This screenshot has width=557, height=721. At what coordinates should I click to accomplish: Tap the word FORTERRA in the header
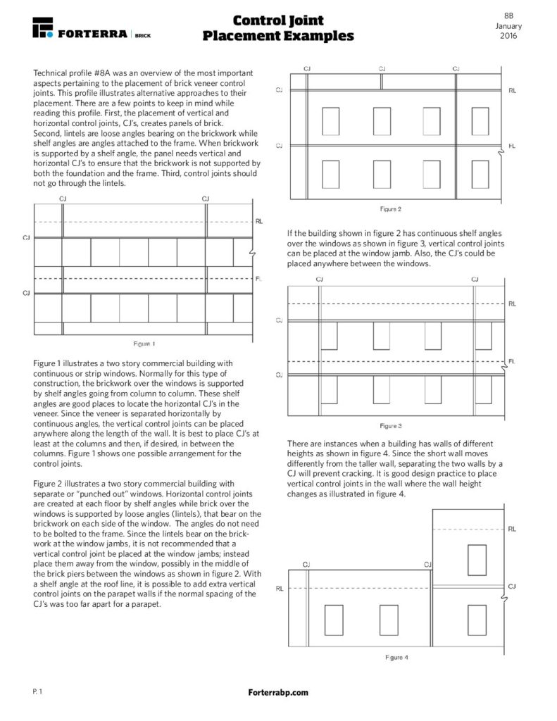92,33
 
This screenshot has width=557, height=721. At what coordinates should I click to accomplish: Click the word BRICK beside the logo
142,34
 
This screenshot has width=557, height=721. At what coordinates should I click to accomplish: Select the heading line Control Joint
278,20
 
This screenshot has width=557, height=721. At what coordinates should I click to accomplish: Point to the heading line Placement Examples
278,36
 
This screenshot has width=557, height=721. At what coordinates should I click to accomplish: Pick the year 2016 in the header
508,35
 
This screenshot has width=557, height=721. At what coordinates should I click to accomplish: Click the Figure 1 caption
144,344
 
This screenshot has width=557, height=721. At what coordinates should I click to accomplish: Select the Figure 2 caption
390,208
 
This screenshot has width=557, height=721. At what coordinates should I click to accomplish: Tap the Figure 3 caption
390,426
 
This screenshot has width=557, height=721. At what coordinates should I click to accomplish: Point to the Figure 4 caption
396,657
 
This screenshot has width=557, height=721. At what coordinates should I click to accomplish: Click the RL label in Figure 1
259,221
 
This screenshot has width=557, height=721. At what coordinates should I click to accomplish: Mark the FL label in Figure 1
258,278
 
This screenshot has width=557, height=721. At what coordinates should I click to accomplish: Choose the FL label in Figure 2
512,146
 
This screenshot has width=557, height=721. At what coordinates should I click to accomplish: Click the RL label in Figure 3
512,303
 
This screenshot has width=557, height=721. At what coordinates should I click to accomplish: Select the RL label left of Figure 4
280,588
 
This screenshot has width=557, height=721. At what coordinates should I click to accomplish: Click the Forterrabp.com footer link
278,693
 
